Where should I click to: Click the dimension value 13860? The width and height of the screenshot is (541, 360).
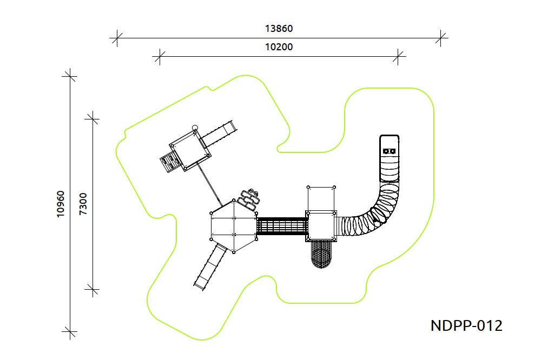[x=279, y=28]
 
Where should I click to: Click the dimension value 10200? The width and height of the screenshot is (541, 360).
[x=279, y=46]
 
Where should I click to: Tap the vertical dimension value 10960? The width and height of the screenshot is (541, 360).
[x=61, y=204]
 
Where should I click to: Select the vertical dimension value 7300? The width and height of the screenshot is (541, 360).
[x=83, y=204]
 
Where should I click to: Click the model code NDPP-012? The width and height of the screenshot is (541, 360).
[x=466, y=325]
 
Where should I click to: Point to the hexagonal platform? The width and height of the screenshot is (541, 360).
[x=234, y=226]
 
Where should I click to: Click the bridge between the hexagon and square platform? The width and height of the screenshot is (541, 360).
[x=282, y=226]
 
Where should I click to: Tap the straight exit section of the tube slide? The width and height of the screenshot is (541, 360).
[x=389, y=158]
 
